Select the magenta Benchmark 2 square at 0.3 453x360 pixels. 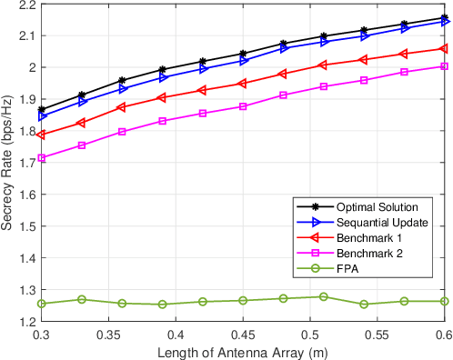pyautogui.click(x=42, y=158)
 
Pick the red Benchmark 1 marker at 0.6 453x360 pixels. pyautogui.click(x=444, y=48)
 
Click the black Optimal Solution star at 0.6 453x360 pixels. pyautogui.click(x=444, y=17)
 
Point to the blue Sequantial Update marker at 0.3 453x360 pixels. pyautogui.click(x=42, y=116)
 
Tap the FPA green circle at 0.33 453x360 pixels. pyautogui.click(x=82, y=299)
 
